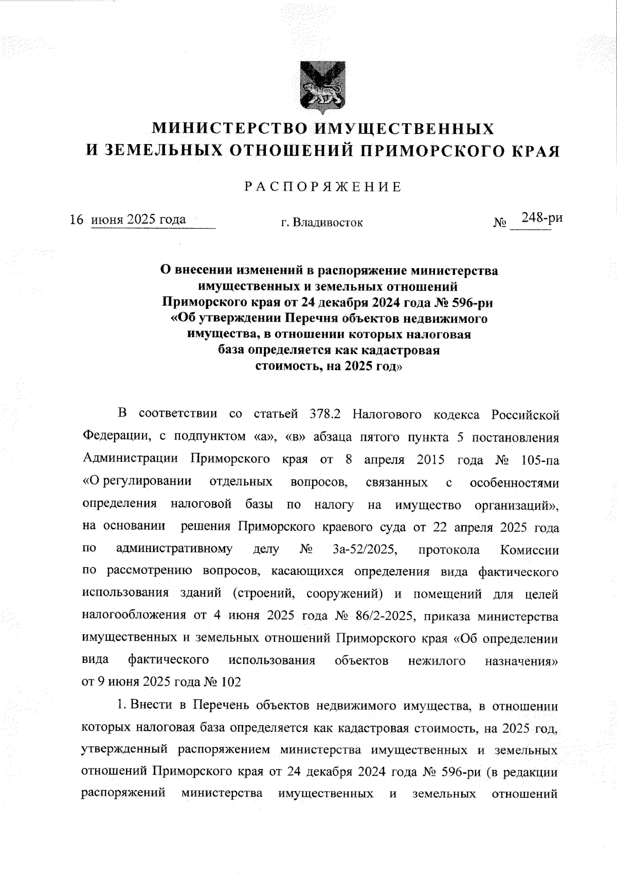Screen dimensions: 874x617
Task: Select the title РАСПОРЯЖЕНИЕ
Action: tap(322, 187)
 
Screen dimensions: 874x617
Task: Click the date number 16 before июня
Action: tap(77, 220)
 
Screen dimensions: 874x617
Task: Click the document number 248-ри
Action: tap(541, 218)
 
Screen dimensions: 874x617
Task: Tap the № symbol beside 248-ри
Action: tap(499, 223)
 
